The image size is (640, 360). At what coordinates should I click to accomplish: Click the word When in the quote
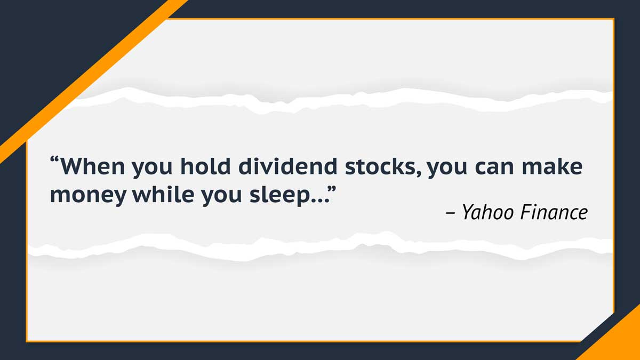click(x=93, y=166)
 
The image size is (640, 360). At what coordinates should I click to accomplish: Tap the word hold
click(x=205, y=166)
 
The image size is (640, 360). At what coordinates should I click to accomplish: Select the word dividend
click(x=288, y=166)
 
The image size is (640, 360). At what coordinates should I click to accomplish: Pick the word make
click(x=552, y=166)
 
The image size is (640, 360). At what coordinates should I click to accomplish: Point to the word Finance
click(x=554, y=212)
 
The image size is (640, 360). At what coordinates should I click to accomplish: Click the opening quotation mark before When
click(x=54, y=159)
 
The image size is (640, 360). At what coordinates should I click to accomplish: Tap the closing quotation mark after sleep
click(x=332, y=189)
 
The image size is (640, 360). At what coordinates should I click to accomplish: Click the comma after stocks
click(x=419, y=173)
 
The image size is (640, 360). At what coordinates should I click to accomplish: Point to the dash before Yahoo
click(x=450, y=213)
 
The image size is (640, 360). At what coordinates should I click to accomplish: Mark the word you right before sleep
click(x=221, y=197)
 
